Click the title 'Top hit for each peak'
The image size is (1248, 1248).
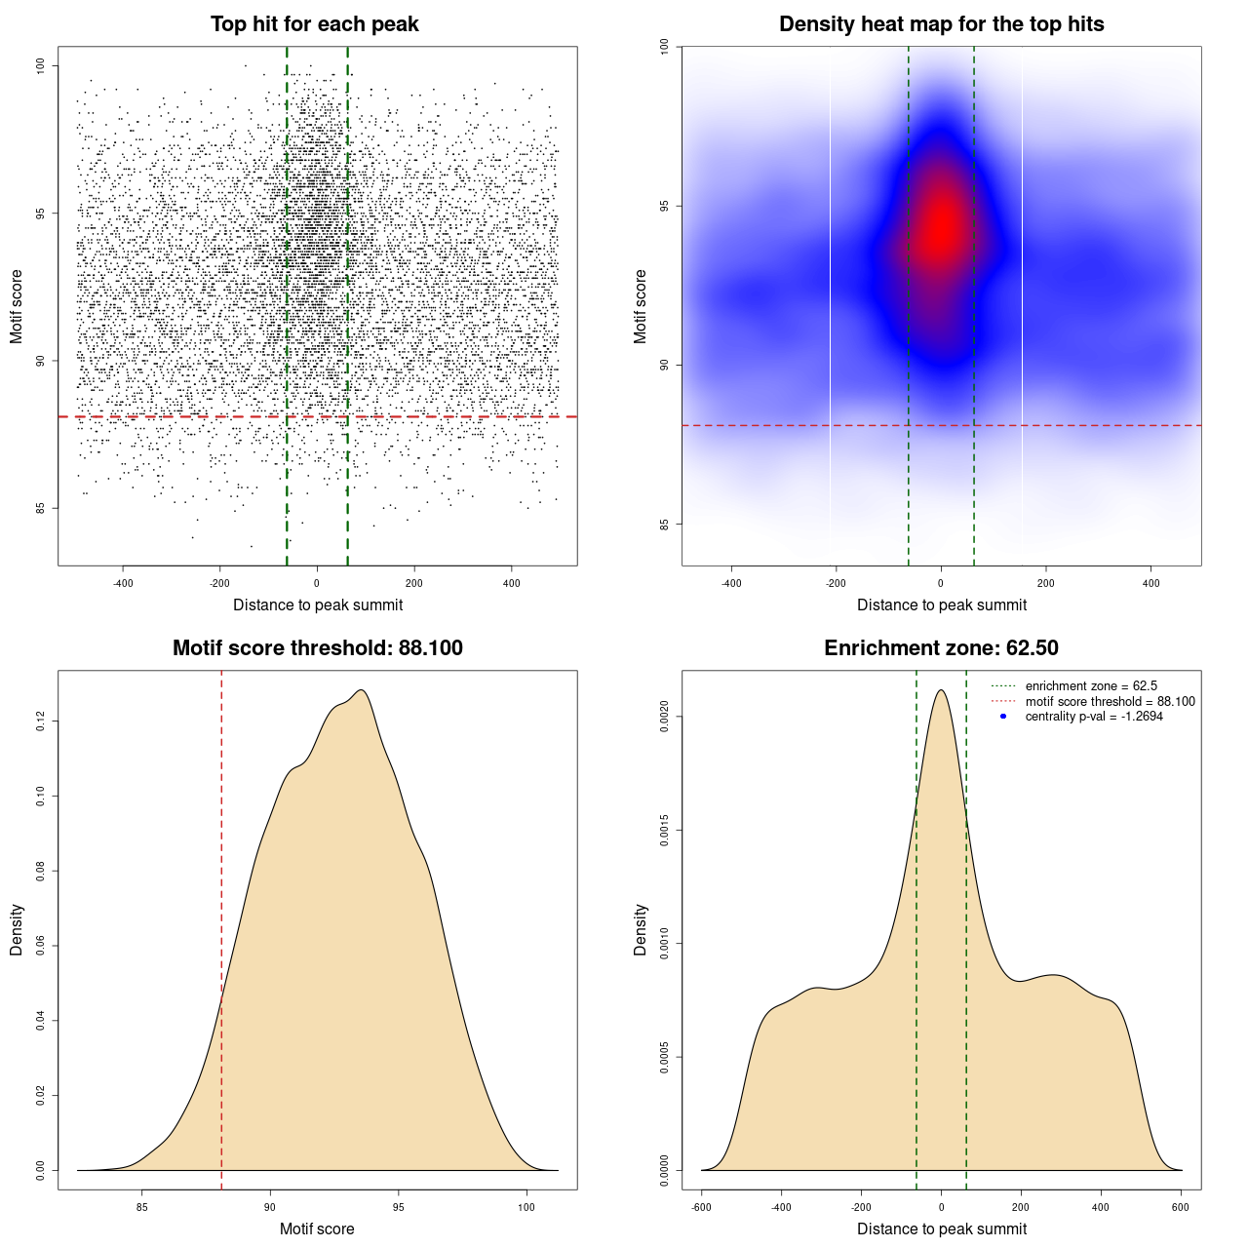point(314,24)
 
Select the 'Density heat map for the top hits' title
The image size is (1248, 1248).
point(941,24)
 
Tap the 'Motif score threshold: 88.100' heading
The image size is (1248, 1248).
point(317,648)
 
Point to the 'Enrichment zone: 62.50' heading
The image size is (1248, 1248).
point(941,648)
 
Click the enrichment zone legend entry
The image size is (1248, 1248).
point(1090,686)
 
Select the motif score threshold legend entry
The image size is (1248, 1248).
point(1110,701)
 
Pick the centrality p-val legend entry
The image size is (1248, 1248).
point(1093,717)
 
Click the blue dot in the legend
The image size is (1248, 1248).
point(1003,717)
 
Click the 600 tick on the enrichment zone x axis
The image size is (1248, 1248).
point(1181,1207)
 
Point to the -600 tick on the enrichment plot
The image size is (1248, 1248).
point(701,1207)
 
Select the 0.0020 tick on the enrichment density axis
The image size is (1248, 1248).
point(665,717)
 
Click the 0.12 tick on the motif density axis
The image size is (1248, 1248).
point(41,721)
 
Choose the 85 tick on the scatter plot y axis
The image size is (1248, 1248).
point(41,508)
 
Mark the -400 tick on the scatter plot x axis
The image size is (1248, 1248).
point(123,583)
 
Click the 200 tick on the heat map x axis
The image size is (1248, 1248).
point(1045,583)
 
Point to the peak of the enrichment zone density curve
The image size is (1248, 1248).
point(941,690)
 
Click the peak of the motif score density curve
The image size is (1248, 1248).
point(362,690)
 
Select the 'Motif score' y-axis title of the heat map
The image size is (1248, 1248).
point(641,306)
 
